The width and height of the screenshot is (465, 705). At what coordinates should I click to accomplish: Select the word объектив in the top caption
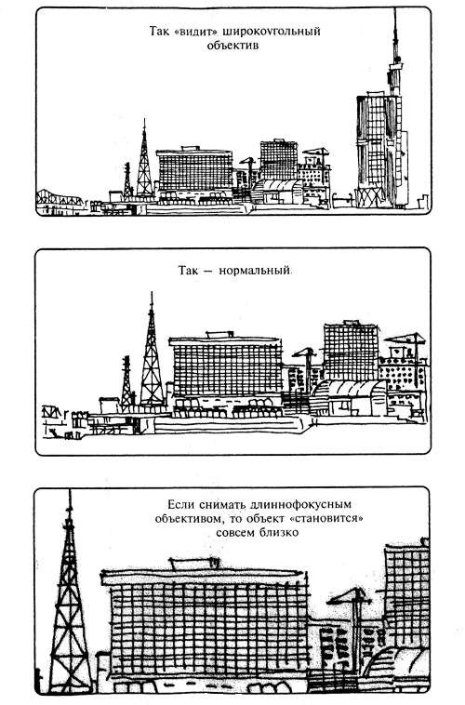232,46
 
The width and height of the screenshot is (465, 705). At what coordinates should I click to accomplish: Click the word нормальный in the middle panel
255,272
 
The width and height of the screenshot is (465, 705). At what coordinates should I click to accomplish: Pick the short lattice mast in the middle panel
126,383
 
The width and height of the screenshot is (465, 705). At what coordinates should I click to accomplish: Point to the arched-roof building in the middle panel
350,397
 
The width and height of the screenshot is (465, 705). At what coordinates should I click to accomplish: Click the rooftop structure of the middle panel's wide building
219,335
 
